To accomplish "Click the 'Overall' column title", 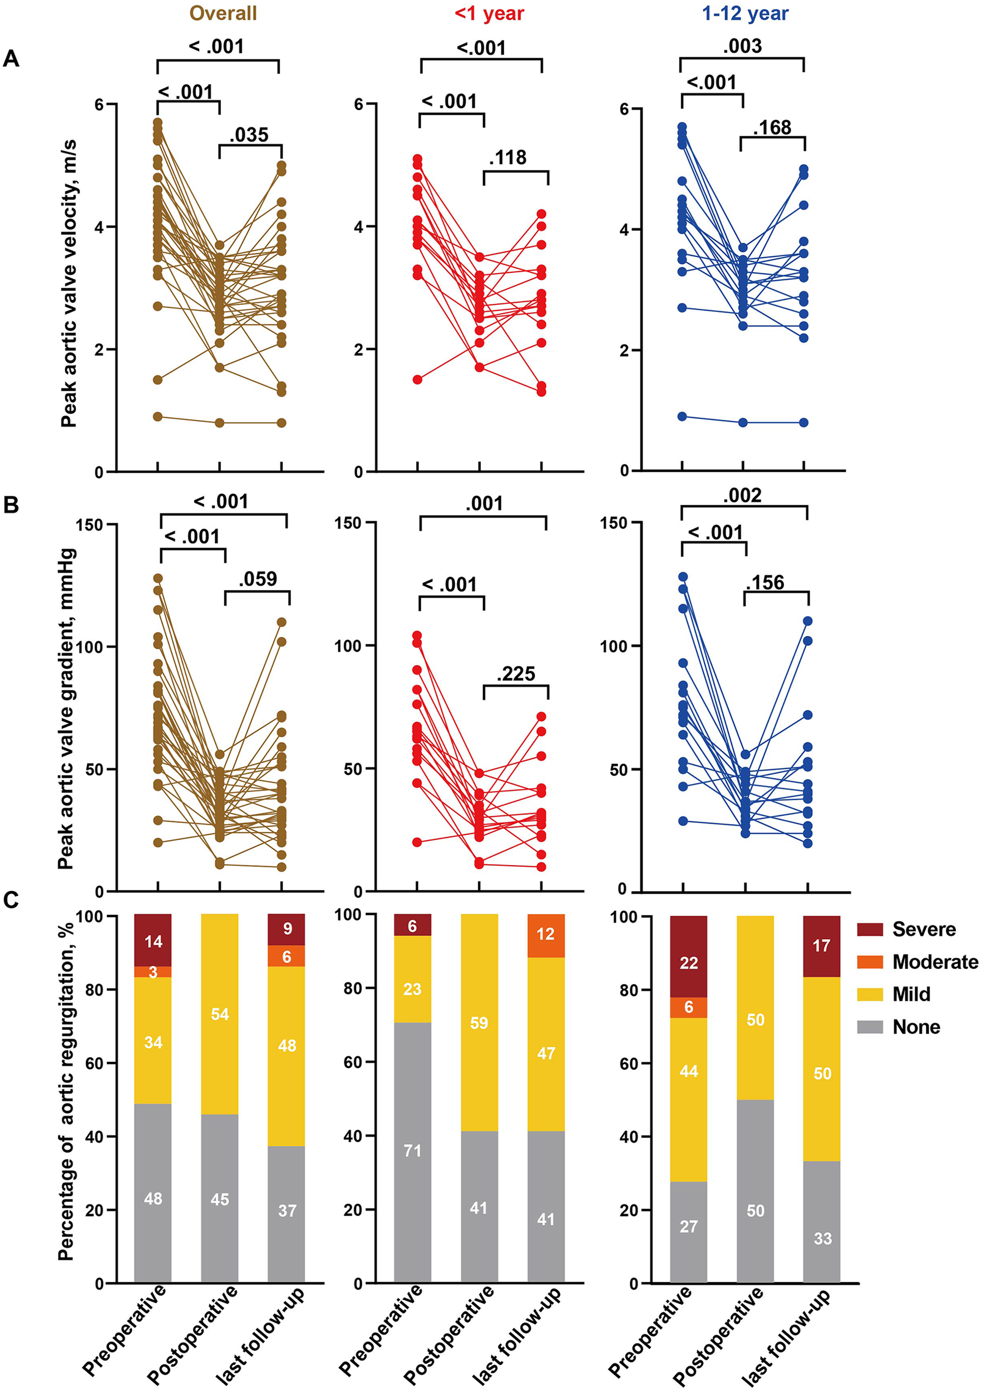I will click(223, 13).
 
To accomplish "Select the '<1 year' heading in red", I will click(489, 13).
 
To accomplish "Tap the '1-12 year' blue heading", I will click(745, 13).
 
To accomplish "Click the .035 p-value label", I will click(249, 135).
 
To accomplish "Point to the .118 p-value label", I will click(507, 157).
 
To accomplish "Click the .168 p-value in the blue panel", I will click(772, 127).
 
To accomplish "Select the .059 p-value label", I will click(258, 579).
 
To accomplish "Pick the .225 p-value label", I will click(516, 674).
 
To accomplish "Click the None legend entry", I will click(916, 1027).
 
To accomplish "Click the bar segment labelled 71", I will click(412, 1151).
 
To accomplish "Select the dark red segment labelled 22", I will click(689, 963).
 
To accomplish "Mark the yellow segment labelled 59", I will click(479, 1024).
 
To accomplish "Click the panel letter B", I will click(11, 505).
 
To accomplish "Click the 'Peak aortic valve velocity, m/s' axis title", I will click(68, 284).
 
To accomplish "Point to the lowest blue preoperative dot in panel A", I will click(682, 416).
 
